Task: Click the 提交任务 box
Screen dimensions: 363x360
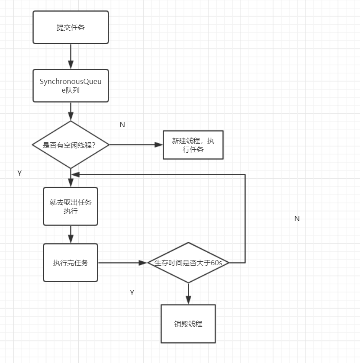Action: tap(71, 27)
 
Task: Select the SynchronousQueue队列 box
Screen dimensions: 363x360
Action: tap(71, 86)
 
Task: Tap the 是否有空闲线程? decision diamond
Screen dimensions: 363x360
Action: tap(71, 145)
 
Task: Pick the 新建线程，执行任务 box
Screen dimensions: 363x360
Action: tap(193, 145)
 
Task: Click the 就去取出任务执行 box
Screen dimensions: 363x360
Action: tap(71, 206)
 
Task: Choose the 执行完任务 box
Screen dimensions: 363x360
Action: tap(71, 263)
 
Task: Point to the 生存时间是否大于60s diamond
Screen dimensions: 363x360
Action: tap(188, 263)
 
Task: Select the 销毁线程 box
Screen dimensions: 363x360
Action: tap(188, 324)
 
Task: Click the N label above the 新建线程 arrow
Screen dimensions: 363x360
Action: tap(122, 125)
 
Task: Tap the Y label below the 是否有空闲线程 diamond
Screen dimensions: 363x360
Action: tap(19, 173)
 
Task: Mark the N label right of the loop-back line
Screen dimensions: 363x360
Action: tap(297, 219)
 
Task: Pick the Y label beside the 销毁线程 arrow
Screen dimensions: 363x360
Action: tap(132, 292)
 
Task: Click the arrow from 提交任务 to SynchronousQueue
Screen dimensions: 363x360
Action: tap(71, 56)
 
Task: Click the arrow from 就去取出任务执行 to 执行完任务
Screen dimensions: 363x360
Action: tap(71, 235)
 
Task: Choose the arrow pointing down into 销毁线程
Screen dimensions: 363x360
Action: tap(188, 294)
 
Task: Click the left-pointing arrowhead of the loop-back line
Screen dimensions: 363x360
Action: tap(75, 174)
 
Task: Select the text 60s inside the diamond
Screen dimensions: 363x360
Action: tap(216, 263)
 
